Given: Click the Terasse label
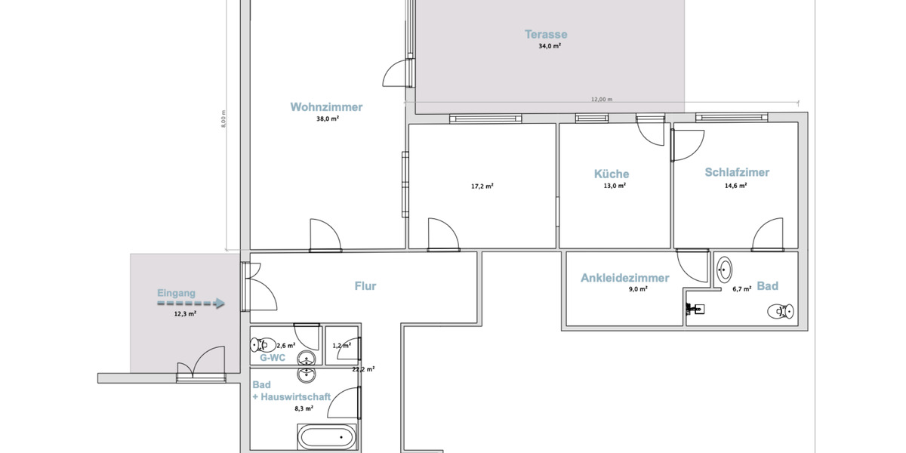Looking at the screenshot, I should click(x=546, y=34).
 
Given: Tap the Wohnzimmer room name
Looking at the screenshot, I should click(x=326, y=107).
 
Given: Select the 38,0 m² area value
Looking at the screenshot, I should click(x=327, y=119).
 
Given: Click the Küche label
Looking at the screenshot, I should click(x=611, y=174).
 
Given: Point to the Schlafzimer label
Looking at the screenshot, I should click(x=737, y=172).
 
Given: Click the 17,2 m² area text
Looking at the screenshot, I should click(x=482, y=186).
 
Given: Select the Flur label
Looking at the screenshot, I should click(x=365, y=286).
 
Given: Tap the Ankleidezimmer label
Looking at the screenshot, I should click(x=624, y=278).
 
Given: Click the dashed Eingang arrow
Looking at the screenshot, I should click(x=191, y=304).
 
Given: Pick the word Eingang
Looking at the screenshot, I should click(x=176, y=293).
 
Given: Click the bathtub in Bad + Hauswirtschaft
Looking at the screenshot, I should click(x=326, y=437).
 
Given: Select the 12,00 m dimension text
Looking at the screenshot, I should click(x=601, y=99).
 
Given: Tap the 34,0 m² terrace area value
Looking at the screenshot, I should click(x=550, y=46).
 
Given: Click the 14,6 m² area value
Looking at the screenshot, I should click(x=735, y=185).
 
